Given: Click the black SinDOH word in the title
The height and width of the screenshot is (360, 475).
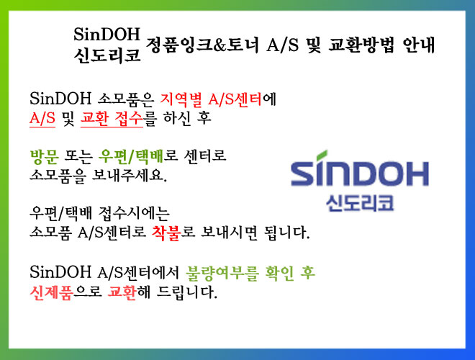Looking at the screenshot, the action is point(107,35).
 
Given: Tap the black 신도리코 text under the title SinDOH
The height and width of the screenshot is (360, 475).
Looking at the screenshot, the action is point(107,55).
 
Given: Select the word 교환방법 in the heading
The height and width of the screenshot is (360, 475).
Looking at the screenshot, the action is point(361,45).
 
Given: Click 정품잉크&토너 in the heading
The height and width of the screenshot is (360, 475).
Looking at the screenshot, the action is point(202,45).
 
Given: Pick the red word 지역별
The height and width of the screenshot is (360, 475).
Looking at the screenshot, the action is point(181,99).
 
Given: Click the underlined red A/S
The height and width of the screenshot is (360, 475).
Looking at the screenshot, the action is point(42,118).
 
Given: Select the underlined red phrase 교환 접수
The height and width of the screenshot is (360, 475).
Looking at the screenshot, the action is point(112,119).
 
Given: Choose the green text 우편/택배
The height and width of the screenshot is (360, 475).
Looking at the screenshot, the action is point(131,156).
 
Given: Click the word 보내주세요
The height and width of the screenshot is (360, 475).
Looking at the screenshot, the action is point(130,175).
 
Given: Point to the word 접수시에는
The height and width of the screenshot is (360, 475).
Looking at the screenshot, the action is point(134,214).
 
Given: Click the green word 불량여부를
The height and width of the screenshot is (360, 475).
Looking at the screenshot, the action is point(222,273).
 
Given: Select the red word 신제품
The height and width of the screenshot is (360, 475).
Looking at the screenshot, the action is point(51,292).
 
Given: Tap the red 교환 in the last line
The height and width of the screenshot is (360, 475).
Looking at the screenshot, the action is point(122,292).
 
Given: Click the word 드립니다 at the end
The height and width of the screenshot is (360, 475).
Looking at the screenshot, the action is point(187,292).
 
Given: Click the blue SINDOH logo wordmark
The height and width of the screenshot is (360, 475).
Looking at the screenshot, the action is point(360,171).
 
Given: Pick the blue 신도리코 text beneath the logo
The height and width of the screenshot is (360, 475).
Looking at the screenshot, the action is point(360,203).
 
